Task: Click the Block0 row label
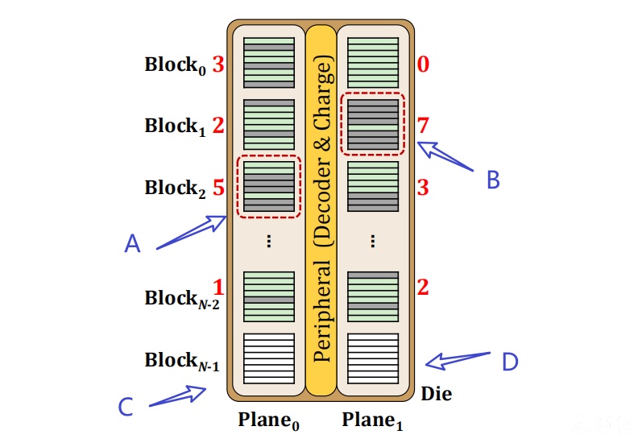176,65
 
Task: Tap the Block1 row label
176,126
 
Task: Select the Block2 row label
176,188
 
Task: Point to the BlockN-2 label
182,300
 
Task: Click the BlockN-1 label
182,361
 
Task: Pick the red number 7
423,126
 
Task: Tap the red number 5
218,187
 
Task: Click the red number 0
424,64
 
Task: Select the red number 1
218,287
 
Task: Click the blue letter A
132,243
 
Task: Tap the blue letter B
493,180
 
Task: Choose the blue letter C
126,407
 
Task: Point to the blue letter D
510,362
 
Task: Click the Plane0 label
268,420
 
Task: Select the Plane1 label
373,420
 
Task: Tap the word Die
437,393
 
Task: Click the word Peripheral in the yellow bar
322,311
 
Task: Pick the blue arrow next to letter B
445,156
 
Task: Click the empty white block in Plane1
373,358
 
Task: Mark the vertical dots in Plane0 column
268,241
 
